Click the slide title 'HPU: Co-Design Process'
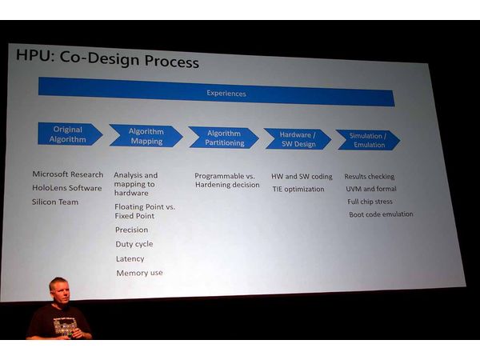[x=107, y=60]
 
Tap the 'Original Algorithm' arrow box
[x=69, y=134]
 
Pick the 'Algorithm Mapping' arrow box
[x=145, y=136]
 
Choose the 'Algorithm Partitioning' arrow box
[x=223, y=138]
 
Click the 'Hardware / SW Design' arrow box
[x=297, y=139]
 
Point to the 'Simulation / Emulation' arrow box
[x=367, y=140]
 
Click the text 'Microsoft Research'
[x=68, y=174]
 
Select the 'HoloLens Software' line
[x=67, y=188]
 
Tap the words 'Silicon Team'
[x=55, y=202]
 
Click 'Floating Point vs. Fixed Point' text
[x=144, y=211]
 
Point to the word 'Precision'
[x=131, y=230]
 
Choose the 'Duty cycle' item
[x=134, y=244]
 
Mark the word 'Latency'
[x=130, y=258]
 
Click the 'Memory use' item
[x=139, y=273]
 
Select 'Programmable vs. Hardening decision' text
[x=227, y=180]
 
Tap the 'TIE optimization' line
[x=298, y=190]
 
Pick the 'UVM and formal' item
[x=370, y=189]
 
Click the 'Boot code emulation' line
[x=381, y=214]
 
